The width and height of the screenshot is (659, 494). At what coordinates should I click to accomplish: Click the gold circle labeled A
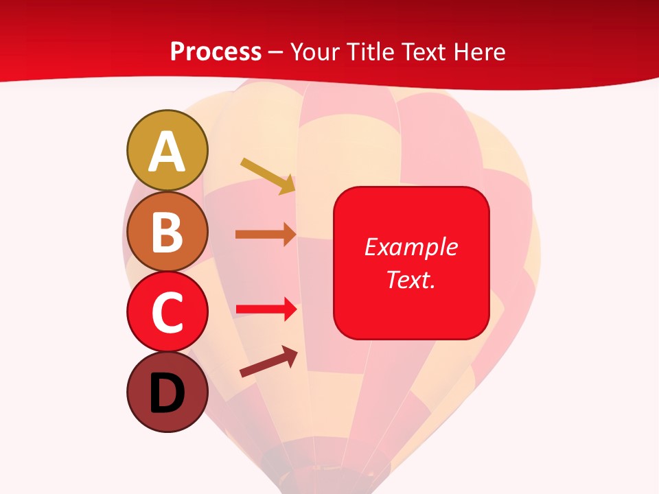pyautogui.click(x=167, y=150)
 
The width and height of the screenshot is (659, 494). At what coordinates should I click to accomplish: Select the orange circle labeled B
pyautogui.click(x=167, y=231)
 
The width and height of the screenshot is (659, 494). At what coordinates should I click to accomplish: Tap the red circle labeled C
pyautogui.click(x=167, y=311)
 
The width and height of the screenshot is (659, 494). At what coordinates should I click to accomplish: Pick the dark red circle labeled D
pyautogui.click(x=167, y=392)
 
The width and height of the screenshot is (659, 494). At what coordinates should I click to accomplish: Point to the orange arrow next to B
pyautogui.click(x=266, y=235)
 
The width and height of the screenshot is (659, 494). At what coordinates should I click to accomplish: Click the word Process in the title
pyautogui.click(x=216, y=52)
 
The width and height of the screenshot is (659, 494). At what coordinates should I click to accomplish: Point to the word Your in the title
pyautogui.click(x=314, y=52)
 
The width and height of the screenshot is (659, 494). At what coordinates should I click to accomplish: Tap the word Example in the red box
pyautogui.click(x=411, y=247)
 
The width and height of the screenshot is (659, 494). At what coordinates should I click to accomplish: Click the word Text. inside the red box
pyautogui.click(x=411, y=279)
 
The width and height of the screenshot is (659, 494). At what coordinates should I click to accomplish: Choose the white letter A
pyautogui.click(x=167, y=152)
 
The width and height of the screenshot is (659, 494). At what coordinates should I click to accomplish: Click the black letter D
pyautogui.click(x=167, y=394)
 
